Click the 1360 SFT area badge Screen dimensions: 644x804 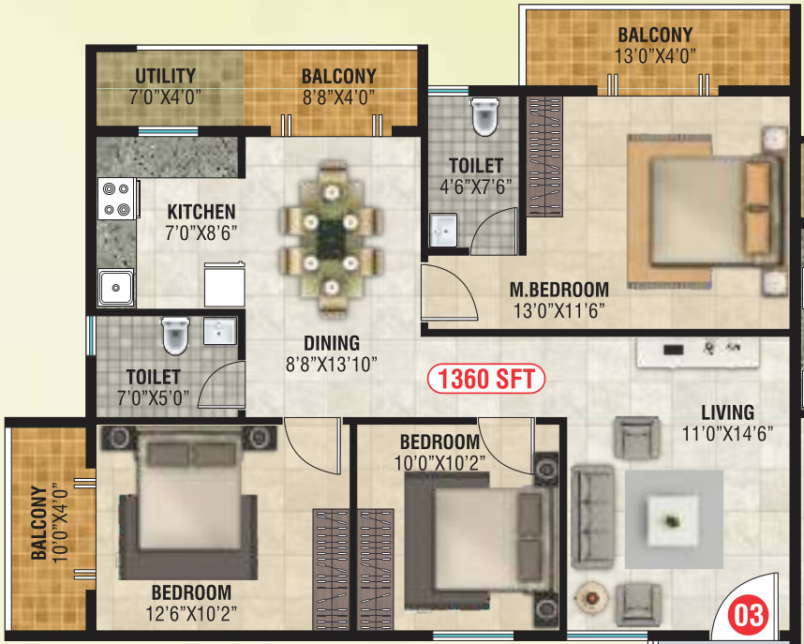pyautogui.click(x=485, y=380)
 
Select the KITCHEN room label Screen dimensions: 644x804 pyautogui.click(x=201, y=212)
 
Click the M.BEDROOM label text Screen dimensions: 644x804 pyautogui.click(x=558, y=290)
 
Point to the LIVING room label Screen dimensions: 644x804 pyautogui.click(x=727, y=412)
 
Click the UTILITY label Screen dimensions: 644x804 pyautogui.click(x=165, y=77)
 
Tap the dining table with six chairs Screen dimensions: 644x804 pyautogui.click(x=330, y=240)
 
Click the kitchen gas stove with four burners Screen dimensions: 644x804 pyautogui.click(x=116, y=199)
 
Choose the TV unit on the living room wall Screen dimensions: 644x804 pyautogui.click(x=698, y=351)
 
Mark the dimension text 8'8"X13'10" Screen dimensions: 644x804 pyautogui.click(x=332, y=365)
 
